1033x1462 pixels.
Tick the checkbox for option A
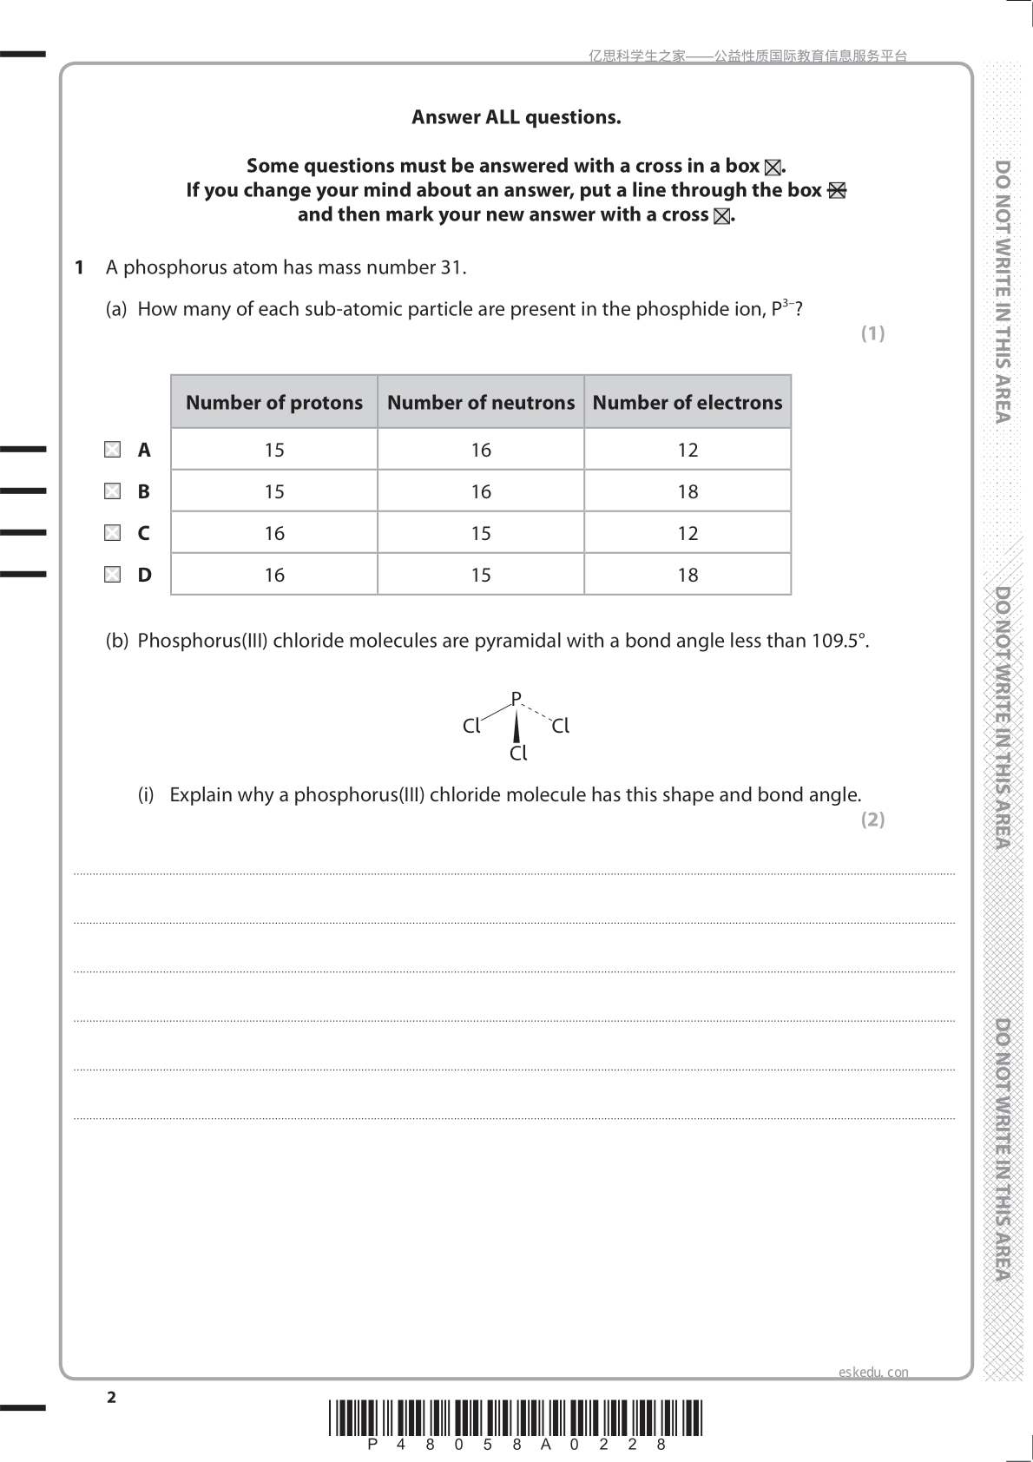click(x=112, y=450)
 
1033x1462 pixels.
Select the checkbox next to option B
click(x=112, y=491)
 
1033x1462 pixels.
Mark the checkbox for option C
click(x=112, y=533)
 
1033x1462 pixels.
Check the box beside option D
click(x=112, y=575)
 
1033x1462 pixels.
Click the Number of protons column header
click(x=274, y=402)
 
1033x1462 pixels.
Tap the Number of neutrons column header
click(x=481, y=402)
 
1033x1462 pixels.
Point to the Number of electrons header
click(x=688, y=402)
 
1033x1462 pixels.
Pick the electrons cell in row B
click(x=688, y=491)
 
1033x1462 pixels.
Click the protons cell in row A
click(x=274, y=450)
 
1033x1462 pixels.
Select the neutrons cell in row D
click(x=481, y=575)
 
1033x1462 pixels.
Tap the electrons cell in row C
click(x=688, y=533)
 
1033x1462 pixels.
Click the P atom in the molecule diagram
click(x=516, y=698)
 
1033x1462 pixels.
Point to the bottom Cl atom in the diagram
click(x=518, y=754)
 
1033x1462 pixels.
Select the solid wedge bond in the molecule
click(x=516, y=727)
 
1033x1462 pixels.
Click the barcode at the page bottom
click(x=516, y=1419)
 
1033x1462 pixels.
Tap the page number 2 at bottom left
click(x=111, y=1397)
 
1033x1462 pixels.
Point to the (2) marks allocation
click(x=872, y=819)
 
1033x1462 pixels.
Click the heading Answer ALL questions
click(x=516, y=117)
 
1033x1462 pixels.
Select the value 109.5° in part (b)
click(x=839, y=641)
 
